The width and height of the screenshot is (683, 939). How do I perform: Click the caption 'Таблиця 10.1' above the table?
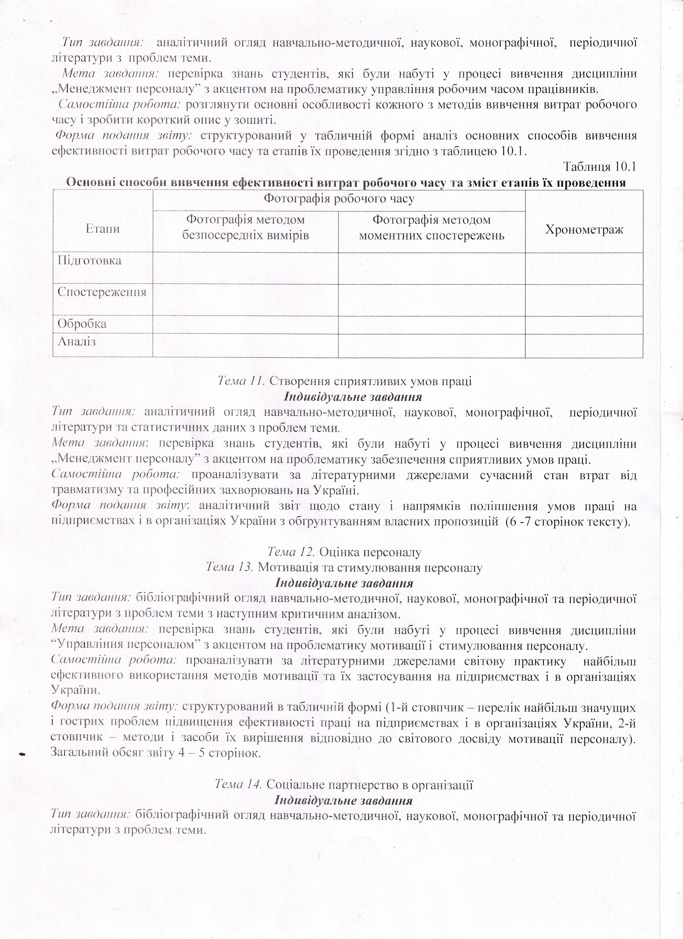point(599,166)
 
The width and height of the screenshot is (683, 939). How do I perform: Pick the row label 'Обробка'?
point(82,323)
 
